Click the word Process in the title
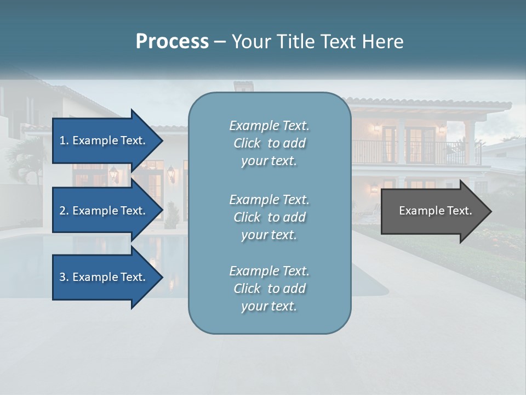click(172, 42)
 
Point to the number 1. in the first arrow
click(64, 140)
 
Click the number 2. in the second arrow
click(64, 211)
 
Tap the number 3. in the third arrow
click(64, 277)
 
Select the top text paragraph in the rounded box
click(269, 143)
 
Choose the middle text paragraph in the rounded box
click(269, 217)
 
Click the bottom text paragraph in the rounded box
click(269, 289)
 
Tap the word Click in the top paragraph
click(247, 144)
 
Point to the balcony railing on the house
click(416, 152)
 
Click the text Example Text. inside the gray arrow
click(435, 211)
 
